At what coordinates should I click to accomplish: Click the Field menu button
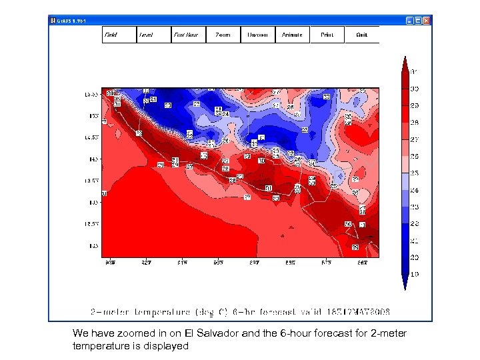coord(119,35)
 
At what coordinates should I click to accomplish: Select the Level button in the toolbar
coord(154,35)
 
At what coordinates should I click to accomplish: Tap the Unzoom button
coord(258,35)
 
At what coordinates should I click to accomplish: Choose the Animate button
coord(293,35)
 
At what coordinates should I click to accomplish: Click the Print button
coord(327,35)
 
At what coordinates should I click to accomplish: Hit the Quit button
coord(361,35)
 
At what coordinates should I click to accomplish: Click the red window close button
coord(427,21)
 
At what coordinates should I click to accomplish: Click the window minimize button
coord(408,21)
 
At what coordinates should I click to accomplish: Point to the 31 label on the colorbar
coord(414,71)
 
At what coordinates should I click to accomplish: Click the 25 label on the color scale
coord(414,173)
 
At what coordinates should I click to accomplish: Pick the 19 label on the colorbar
coord(414,274)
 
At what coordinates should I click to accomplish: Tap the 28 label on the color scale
coord(414,123)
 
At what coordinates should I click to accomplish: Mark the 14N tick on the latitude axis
coord(94,159)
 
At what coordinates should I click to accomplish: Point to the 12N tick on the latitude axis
coord(94,245)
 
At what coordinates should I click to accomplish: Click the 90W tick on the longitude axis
coord(111,264)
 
